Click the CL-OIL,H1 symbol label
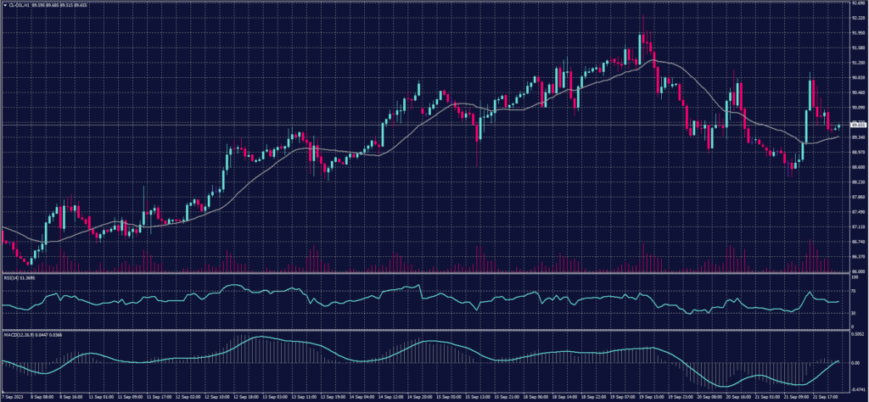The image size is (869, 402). tap(19, 3)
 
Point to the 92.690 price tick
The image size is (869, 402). tap(856, 3)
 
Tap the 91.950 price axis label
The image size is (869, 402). tap(856, 33)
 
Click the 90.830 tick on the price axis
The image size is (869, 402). tap(856, 78)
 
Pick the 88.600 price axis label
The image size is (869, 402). tap(856, 167)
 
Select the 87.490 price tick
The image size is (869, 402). tap(856, 212)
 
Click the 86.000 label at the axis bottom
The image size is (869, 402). tap(856, 271)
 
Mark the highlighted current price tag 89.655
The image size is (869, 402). tap(857, 126)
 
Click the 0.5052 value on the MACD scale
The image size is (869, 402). tap(857, 333)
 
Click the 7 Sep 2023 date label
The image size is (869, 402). tap(12, 396)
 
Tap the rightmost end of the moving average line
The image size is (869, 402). tap(838, 137)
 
